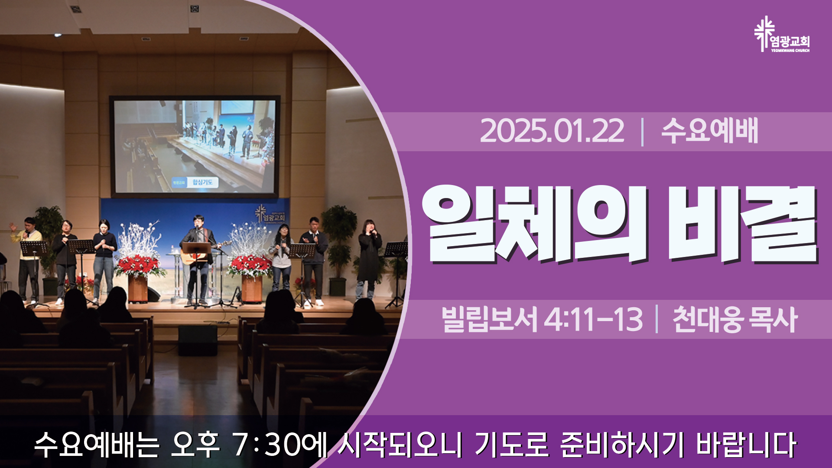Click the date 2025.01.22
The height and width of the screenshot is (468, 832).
click(x=552, y=131)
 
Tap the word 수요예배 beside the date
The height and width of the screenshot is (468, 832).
click(x=709, y=131)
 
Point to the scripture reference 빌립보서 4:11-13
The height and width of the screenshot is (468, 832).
click(x=542, y=319)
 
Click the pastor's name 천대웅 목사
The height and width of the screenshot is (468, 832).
click(x=735, y=319)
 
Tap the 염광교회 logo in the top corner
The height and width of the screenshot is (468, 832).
click(x=781, y=35)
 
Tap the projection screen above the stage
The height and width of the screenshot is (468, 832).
click(x=195, y=146)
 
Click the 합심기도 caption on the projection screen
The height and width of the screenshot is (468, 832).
click(x=203, y=182)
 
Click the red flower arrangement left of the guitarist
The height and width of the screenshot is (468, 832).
click(x=139, y=266)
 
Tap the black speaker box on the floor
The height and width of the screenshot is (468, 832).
click(x=198, y=340)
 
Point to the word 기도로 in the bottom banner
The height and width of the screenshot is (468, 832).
click(x=511, y=445)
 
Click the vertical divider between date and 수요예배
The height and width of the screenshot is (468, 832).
click(x=642, y=132)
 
